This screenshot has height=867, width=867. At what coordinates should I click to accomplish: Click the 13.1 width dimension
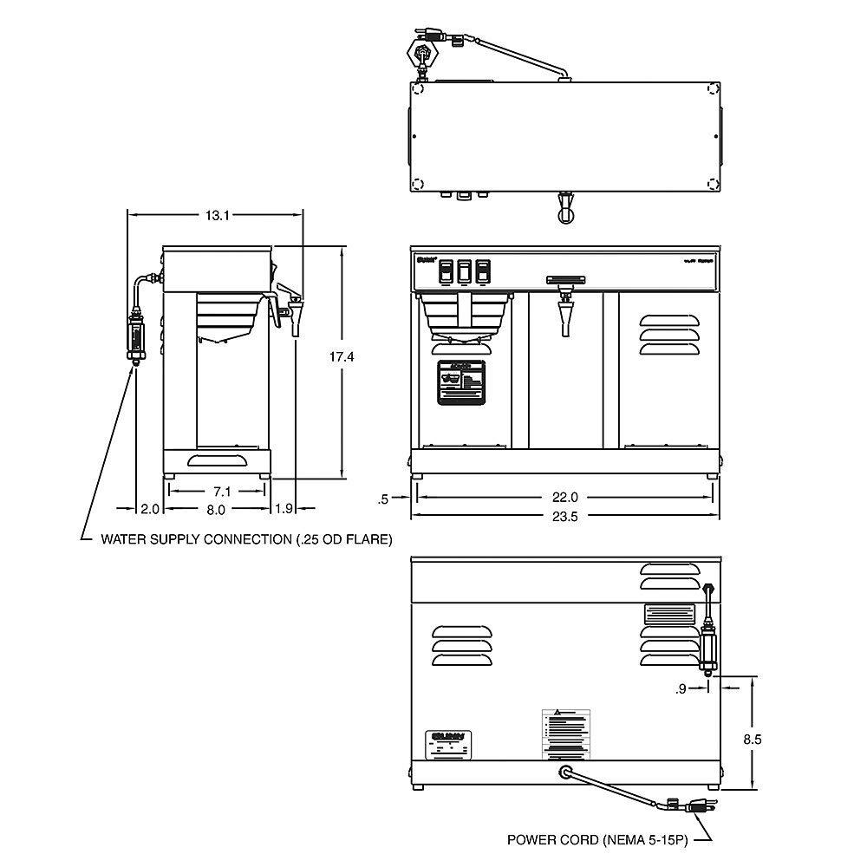click(x=217, y=216)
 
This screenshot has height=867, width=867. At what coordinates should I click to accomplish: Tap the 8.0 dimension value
click(x=216, y=509)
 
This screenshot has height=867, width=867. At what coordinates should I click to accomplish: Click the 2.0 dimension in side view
click(x=150, y=509)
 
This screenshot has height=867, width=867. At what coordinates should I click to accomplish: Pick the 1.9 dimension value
click(x=284, y=509)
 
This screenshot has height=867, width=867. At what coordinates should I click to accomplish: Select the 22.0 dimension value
click(x=564, y=498)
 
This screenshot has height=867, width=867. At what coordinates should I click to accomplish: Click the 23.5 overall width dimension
click(x=564, y=516)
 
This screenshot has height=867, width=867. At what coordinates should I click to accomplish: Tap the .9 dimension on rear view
click(x=681, y=689)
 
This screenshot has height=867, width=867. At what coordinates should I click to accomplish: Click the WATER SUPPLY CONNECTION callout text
click(x=246, y=539)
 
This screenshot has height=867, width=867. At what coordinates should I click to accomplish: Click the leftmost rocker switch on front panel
click(x=446, y=272)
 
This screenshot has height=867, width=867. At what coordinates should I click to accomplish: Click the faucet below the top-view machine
click(x=565, y=209)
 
